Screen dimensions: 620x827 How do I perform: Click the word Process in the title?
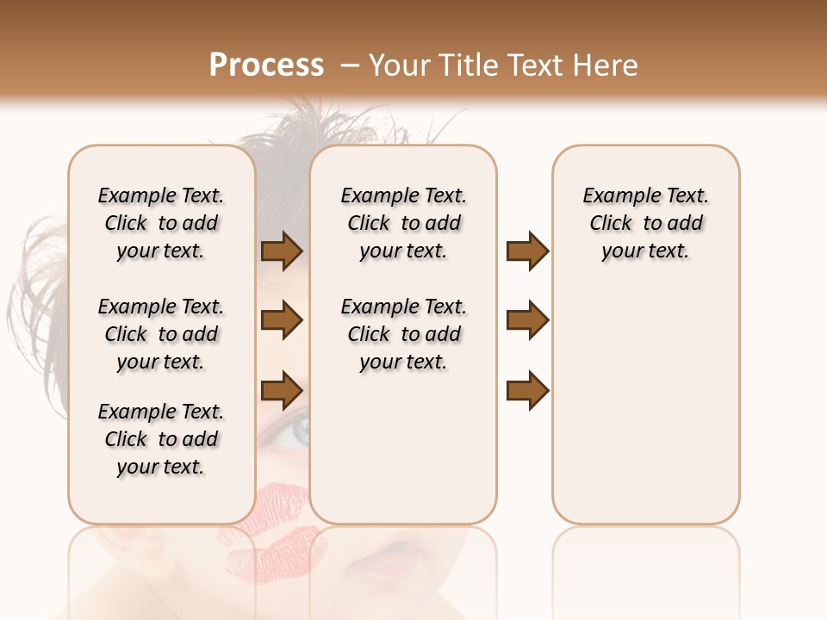click(266, 65)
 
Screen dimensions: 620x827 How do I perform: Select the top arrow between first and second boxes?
click(281, 251)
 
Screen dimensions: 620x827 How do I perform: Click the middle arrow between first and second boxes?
click(281, 320)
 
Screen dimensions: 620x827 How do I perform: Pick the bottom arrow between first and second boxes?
click(281, 390)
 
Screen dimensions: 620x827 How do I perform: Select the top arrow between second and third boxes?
click(527, 251)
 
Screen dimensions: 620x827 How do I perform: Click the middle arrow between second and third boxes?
click(527, 320)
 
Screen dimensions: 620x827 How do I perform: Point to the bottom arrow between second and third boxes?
click(527, 390)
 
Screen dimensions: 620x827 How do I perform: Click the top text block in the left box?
click(161, 223)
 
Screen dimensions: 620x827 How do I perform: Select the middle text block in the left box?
click(161, 334)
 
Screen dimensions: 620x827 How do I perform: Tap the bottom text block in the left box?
click(161, 439)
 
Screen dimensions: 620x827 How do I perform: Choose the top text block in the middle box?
click(404, 223)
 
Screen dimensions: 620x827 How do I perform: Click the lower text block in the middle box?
click(404, 334)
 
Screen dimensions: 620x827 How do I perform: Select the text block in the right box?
click(646, 223)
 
